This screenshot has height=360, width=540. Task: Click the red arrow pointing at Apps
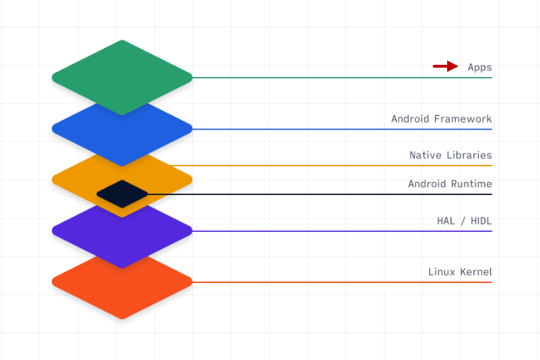tap(446, 66)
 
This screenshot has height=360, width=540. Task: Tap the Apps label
tap(480, 68)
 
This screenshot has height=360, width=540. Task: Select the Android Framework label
tap(441, 119)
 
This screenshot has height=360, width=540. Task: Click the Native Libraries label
tap(451, 155)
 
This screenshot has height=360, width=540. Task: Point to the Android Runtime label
tap(450, 184)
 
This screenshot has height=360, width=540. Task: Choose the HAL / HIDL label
tap(464, 220)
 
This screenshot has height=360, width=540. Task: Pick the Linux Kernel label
tap(460, 271)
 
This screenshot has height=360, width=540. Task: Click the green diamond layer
tap(122, 72)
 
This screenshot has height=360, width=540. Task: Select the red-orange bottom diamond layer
tap(122, 295)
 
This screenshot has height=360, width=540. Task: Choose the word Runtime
tap(471, 184)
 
